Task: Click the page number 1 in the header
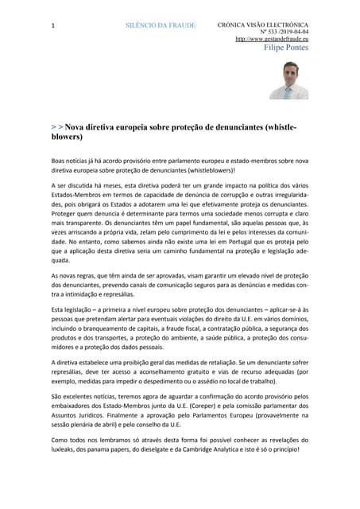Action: coord(52,26)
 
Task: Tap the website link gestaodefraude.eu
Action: coord(272,39)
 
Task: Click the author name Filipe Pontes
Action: coord(286,48)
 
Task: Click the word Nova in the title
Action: coord(76,126)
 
